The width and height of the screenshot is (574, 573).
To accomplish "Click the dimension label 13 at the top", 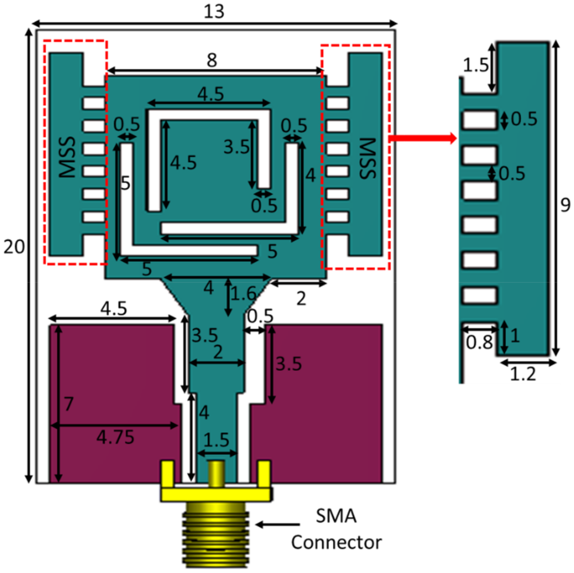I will pos(214,12).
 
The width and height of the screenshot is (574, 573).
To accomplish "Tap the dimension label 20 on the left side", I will pos(14,247).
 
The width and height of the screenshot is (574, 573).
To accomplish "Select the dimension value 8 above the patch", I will pos(212,61).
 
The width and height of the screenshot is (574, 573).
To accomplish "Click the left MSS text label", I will pos(68,157).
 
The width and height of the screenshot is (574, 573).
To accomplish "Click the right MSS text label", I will pos(367,158).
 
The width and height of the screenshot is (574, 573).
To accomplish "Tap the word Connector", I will pos(336,542).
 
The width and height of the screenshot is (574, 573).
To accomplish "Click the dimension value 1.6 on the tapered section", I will pos(244,294).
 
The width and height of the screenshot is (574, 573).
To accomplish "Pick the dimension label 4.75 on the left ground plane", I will pos(115,437).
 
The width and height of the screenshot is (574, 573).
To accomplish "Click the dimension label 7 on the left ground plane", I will pos(69,404).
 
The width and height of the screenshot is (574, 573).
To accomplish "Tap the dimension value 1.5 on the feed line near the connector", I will pos(217,440).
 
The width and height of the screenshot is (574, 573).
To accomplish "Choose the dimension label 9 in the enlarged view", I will pos(565,205).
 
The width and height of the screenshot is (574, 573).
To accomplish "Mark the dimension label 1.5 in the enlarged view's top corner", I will pos(475,65).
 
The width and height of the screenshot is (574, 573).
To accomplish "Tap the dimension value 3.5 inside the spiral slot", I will pos(237,147).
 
